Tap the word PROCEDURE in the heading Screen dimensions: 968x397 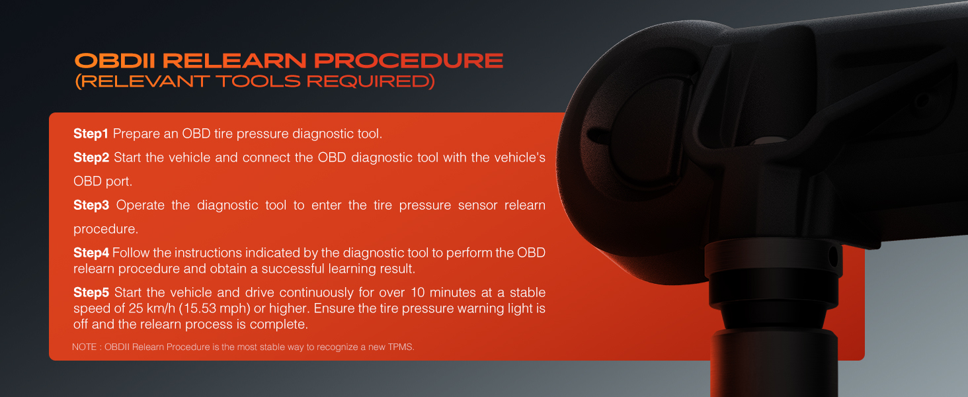click(x=409, y=61)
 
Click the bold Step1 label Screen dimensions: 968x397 click(x=91, y=134)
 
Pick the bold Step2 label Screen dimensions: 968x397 click(x=91, y=157)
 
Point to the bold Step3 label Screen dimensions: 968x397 click(x=91, y=205)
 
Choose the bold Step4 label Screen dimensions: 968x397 click(x=91, y=253)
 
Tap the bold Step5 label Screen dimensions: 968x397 click(x=91, y=292)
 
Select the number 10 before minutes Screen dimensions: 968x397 click(x=417, y=292)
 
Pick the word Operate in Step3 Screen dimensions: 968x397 click(x=140, y=205)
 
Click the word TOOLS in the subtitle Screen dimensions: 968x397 click(x=258, y=81)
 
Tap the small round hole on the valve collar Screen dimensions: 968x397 click(x=832, y=257)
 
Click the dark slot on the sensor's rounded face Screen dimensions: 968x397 click(x=597, y=136)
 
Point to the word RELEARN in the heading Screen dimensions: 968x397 click(x=234, y=61)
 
